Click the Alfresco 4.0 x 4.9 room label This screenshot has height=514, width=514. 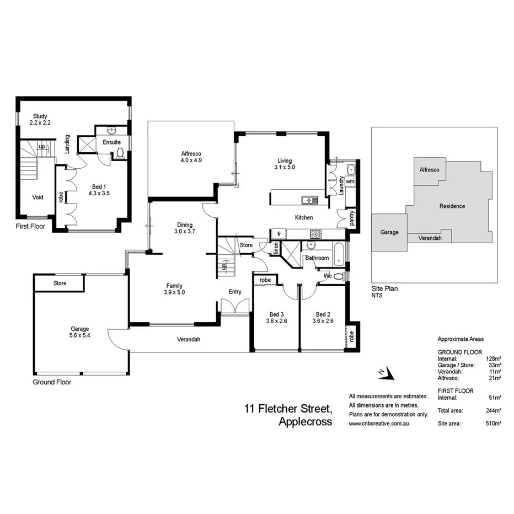[x=191, y=157]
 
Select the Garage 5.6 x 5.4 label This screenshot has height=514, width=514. [x=79, y=332]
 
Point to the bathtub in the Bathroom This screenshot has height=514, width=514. [x=340, y=256]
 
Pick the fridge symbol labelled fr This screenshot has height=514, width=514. [x=279, y=234]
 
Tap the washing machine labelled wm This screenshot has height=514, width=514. [x=350, y=181]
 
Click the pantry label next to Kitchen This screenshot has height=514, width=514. [x=352, y=218]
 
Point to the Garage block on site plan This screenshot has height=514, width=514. [x=389, y=232]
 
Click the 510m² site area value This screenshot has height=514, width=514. [x=494, y=424]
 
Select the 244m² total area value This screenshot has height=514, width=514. [x=494, y=410]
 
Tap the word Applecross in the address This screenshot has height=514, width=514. [x=305, y=422]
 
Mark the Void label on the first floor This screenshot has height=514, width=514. [x=38, y=197]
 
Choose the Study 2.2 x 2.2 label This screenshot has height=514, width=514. [x=40, y=119]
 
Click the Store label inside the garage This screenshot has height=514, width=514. [x=60, y=283]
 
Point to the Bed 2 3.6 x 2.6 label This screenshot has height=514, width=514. [x=323, y=317]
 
